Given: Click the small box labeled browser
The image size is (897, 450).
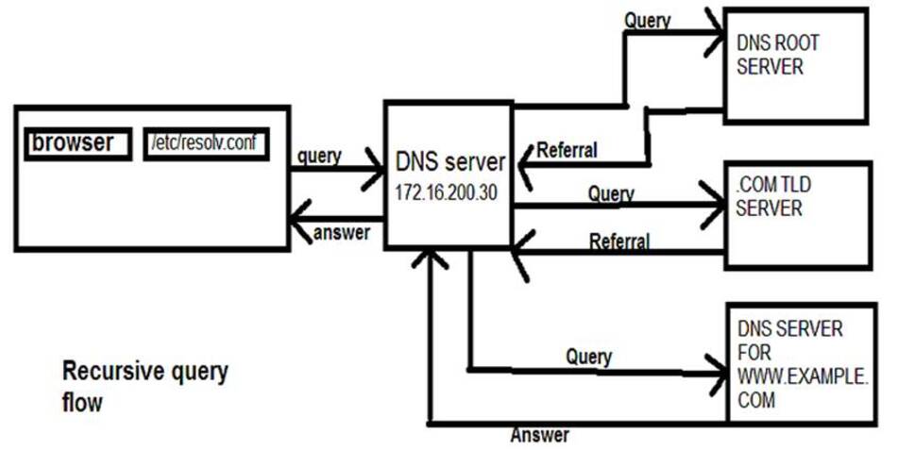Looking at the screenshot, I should coord(78,143).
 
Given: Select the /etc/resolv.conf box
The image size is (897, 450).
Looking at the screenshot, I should coord(205,144).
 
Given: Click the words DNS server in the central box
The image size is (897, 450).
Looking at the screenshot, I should coord(448,162).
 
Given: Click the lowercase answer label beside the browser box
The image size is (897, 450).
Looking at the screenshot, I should coord(342,232).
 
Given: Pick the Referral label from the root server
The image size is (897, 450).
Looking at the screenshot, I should coord(567,149).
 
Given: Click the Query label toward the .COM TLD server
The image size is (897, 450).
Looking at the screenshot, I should coord(611,193).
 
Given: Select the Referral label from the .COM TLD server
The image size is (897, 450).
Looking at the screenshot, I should coord(619,242).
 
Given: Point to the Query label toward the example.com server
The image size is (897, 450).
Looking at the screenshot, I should coord(588,357).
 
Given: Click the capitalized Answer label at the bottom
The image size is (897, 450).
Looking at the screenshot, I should coord(540,435).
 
